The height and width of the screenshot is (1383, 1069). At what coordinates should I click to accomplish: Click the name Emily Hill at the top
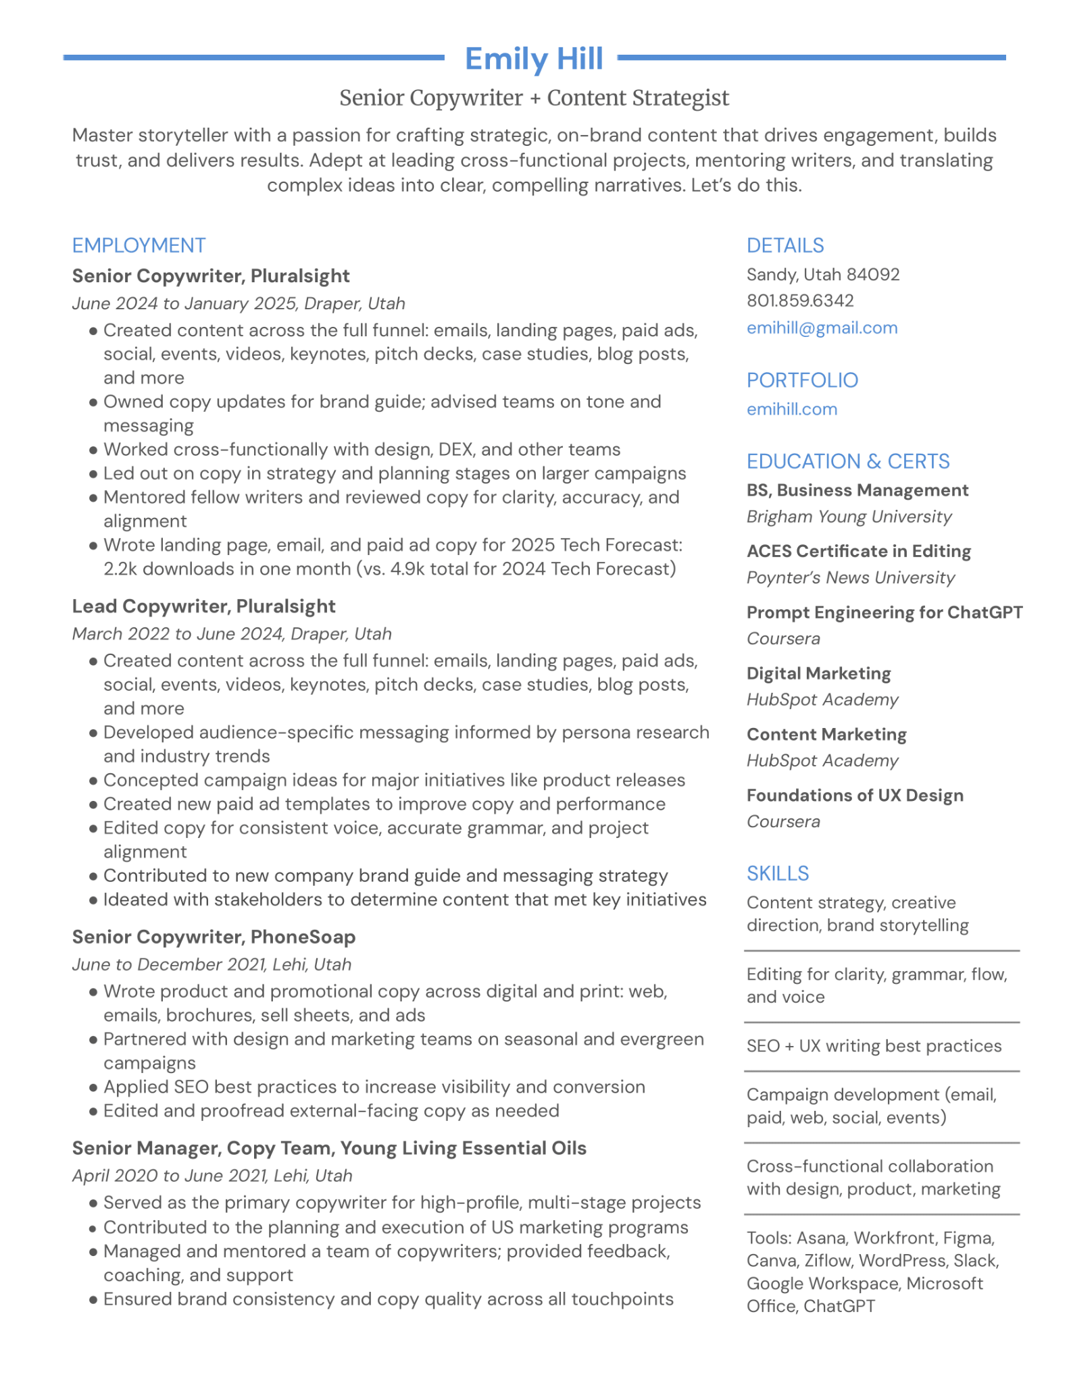click(x=533, y=59)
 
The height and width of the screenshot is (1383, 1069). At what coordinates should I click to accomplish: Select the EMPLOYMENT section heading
click(x=139, y=245)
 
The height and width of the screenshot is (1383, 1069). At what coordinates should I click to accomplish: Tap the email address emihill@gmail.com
click(x=822, y=328)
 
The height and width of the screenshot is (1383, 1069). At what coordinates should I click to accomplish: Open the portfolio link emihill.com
click(x=791, y=409)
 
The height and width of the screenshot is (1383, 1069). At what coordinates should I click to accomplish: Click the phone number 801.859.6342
click(x=799, y=301)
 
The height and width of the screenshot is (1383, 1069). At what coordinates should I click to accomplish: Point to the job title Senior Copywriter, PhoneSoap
click(x=214, y=937)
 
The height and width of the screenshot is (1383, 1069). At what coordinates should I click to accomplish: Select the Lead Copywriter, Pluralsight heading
click(x=203, y=606)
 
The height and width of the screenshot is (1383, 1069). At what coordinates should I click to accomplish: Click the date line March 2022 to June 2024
click(x=231, y=634)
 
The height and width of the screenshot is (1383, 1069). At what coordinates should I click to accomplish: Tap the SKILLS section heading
click(x=777, y=873)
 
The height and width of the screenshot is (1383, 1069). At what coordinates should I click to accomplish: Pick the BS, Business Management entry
click(x=857, y=490)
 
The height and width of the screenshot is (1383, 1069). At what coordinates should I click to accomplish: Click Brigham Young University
click(x=849, y=517)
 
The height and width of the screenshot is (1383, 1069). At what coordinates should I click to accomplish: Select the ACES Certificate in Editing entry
click(x=858, y=551)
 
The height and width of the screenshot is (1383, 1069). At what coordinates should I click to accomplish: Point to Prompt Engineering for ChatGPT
click(x=884, y=612)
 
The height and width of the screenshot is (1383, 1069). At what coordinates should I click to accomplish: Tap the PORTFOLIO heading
click(x=802, y=380)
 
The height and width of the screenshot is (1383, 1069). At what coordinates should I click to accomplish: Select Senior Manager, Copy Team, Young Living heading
click(x=329, y=1148)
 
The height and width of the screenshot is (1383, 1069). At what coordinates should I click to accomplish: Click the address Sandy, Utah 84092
click(x=822, y=275)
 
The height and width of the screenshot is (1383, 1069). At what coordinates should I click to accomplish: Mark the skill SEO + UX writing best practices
click(x=874, y=1046)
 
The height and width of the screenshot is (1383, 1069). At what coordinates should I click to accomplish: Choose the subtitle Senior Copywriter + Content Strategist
click(x=534, y=98)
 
